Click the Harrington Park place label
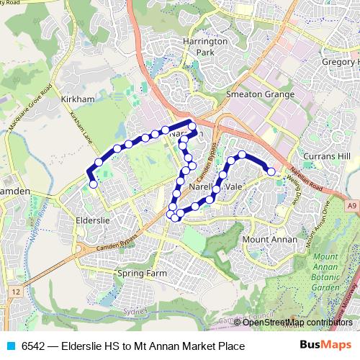205,48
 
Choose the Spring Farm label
142,274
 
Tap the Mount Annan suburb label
265,238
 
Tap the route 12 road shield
16,291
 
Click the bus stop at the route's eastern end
271,171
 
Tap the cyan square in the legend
9,346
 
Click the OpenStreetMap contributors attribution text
297,322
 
